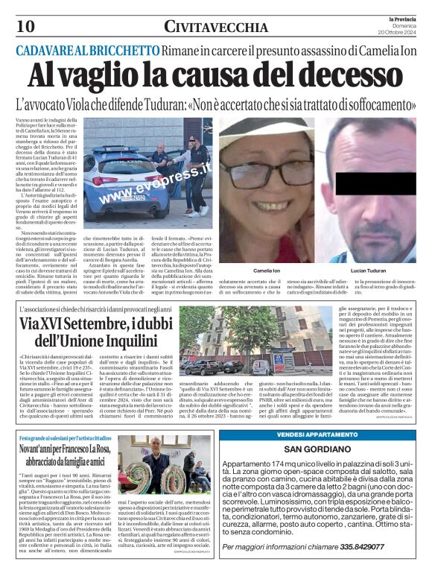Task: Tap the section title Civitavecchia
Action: coord(216,28)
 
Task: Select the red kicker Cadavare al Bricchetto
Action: coord(89,50)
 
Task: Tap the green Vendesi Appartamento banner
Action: coord(323,434)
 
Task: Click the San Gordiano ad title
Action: coord(322,449)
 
